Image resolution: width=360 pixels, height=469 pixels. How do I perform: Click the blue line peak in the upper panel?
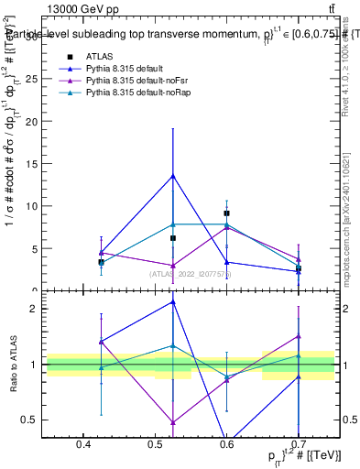coord(172,176)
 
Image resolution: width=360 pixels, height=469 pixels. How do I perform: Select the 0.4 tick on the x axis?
coord(82,443)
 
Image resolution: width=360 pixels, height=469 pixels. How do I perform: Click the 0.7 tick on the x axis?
coord(299,443)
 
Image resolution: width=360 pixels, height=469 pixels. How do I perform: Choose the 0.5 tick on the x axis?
coord(155,443)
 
